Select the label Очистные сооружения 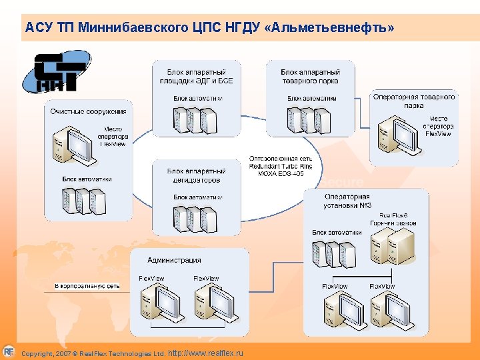coord(88,111)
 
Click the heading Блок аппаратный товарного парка coord(310,76)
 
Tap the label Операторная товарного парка coord(414,101)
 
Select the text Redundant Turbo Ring coord(280,166)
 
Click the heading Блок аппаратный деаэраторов coord(197,175)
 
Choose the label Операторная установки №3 coord(347,201)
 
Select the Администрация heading coord(174,260)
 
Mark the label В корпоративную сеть coord(87,286)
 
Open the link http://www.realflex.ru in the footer coord(207,353)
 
